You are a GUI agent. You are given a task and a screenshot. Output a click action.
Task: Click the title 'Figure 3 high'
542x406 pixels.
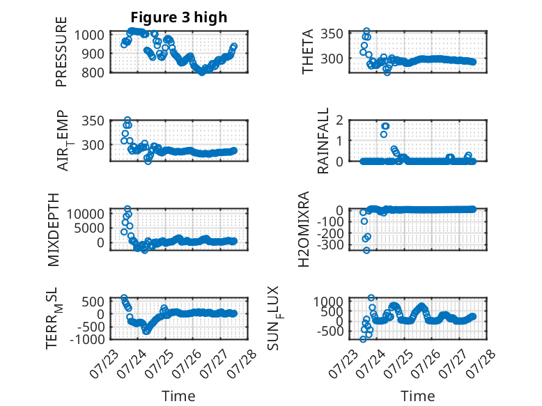pos(179,17)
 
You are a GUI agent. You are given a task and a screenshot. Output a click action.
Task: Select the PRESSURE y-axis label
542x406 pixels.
pos(61,52)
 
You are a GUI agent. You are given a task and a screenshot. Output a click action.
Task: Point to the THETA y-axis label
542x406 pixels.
pos(307,52)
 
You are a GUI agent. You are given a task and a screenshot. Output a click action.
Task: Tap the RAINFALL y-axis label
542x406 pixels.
pos(322,141)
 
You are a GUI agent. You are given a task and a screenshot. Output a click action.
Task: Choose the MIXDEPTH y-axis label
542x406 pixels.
pos(54,230)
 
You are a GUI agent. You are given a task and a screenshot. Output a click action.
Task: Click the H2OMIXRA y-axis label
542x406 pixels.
pos(304,229)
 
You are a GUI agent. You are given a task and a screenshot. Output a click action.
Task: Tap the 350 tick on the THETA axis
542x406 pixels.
pos(332,34)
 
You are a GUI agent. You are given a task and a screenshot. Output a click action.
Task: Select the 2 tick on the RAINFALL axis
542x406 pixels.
pos(339,120)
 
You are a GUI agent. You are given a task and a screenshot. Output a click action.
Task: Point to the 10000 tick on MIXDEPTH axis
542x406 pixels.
pos(86,214)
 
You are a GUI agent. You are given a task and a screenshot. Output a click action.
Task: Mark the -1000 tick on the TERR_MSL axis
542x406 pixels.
pos(87,339)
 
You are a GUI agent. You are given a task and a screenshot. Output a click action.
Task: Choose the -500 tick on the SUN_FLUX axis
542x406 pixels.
pos(330,331)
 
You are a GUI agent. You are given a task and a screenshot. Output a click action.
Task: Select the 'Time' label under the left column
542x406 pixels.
pos(178,396)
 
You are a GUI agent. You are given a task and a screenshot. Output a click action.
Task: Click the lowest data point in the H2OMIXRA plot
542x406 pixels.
pos(366,250)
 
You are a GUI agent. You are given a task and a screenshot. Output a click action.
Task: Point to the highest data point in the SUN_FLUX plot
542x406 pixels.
pos(371,297)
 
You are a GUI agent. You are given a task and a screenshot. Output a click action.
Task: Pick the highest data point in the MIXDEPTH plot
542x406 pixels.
pos(127,209)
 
